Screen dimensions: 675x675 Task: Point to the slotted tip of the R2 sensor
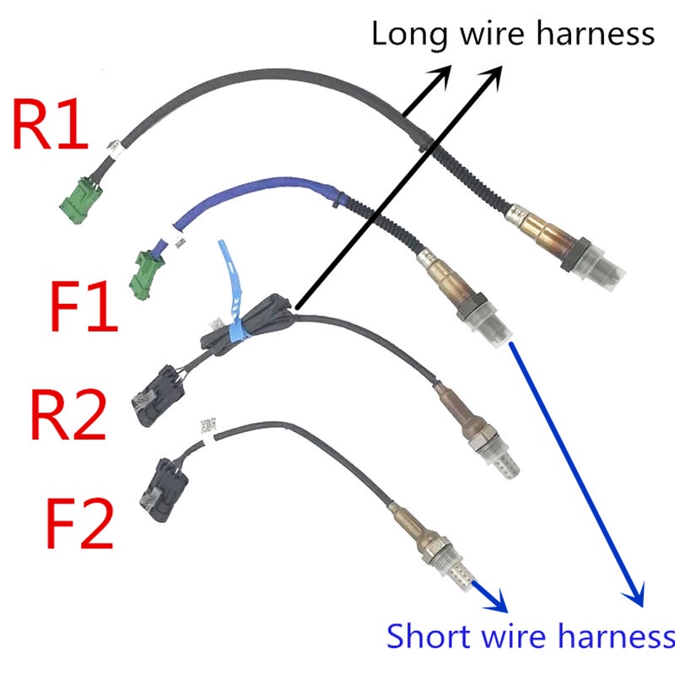[x=503, y=463]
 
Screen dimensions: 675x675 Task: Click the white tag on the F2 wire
[x=208, y=428]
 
